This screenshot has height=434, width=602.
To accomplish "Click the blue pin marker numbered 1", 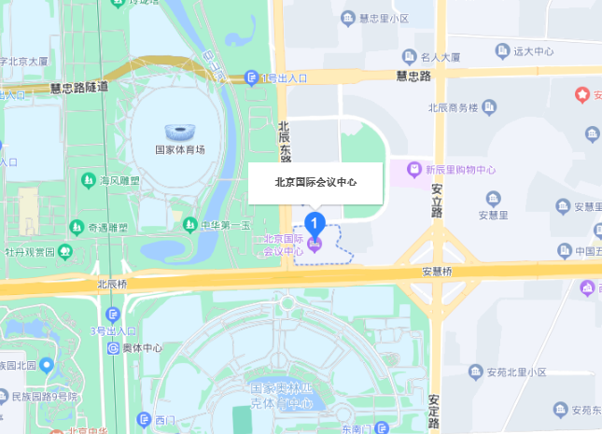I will coord(315,225).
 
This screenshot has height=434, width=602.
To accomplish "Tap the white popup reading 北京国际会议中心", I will coord(315,183).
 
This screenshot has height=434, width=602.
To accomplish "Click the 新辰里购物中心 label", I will coord(459,170).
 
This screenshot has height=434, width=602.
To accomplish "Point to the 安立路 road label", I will coord(436,201).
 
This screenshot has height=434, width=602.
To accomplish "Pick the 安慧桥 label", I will coord(437,273).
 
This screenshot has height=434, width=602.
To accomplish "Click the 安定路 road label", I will coord(434,412).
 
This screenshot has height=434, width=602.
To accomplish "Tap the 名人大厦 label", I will coord(441,57).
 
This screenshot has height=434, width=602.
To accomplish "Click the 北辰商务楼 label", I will coord(453,107).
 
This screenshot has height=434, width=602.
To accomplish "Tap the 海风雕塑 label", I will coord(119,180).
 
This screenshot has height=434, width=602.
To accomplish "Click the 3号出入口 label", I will coord(113,330).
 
